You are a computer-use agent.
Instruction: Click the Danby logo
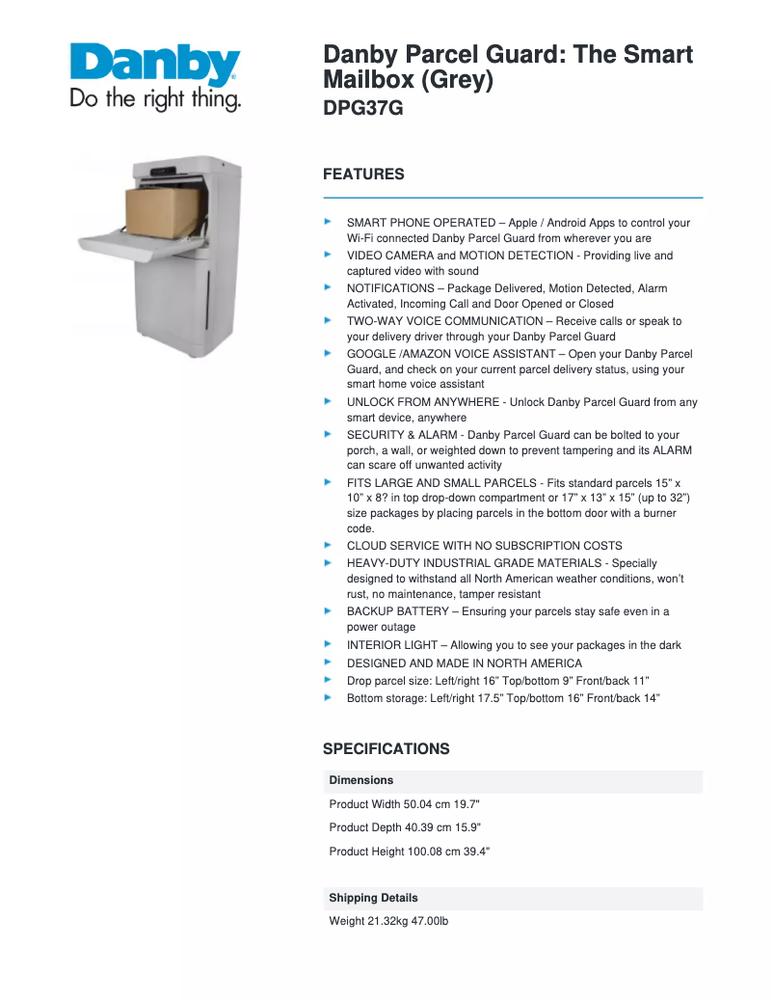(x=154, y=65)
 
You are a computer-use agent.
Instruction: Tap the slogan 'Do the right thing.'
(x=154, y=99)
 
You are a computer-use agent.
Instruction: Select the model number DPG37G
(x=362, y=109)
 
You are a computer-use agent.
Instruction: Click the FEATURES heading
(x=363, y=175)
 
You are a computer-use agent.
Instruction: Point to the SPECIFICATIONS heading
(x=386, y=749)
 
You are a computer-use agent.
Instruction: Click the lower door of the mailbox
(x=173, y=299)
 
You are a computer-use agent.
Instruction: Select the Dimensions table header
(x=361, y=780)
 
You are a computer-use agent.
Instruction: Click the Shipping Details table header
(x=373, y=898)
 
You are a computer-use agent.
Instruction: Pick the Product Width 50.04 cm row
(x=405, y=804)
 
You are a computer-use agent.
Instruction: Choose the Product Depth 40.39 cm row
(x=405, y=827)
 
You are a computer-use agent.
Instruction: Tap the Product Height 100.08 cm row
(x=410, y=851)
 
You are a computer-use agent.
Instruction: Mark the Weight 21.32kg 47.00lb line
(x=388, y=922)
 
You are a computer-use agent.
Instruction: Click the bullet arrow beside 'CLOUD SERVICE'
(x=328, y=545)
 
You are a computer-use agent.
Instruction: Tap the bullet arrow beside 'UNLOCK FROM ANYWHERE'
(x=328, y=401)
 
